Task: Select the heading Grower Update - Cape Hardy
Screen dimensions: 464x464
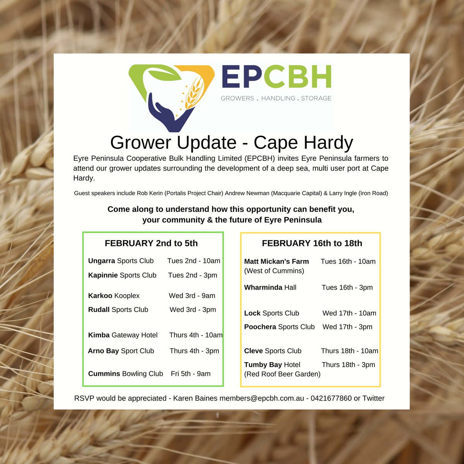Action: pos(231,143)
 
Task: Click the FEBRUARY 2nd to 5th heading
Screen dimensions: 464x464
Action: pos(151,243)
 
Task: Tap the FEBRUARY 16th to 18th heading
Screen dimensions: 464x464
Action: pos(312,243)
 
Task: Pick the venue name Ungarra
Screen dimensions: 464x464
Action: pos(101,261)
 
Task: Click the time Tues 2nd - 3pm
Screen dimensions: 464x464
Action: pos(193,275)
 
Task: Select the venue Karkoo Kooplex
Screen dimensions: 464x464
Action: pos(114,296)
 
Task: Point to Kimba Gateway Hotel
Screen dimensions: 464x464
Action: pos(123,335)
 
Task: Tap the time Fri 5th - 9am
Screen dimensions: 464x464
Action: pos(191,374)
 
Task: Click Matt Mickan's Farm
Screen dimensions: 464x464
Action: pos(276,262)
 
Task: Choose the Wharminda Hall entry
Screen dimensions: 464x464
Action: pos(270,287)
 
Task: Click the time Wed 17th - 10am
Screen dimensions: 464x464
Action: pos(349,313)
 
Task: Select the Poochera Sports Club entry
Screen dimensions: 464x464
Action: pos(279,327)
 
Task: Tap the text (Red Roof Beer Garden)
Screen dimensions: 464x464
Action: pos(282,374)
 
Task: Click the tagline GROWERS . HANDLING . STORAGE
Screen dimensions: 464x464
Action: pos(276,98)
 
